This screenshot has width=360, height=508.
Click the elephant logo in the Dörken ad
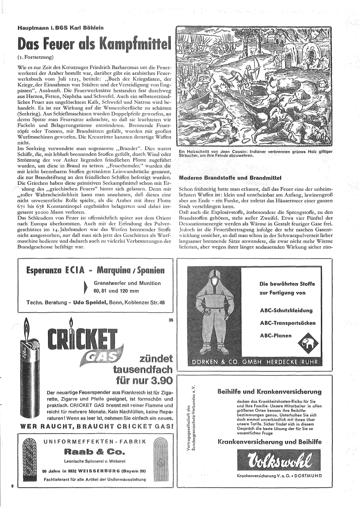(305, 343)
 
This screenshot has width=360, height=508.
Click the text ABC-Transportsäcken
(288, 323)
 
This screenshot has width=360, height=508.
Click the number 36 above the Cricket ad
(171, 321)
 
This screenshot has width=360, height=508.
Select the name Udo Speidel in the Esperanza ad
(90, 302)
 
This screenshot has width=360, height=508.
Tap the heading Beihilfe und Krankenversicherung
(269, 392)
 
